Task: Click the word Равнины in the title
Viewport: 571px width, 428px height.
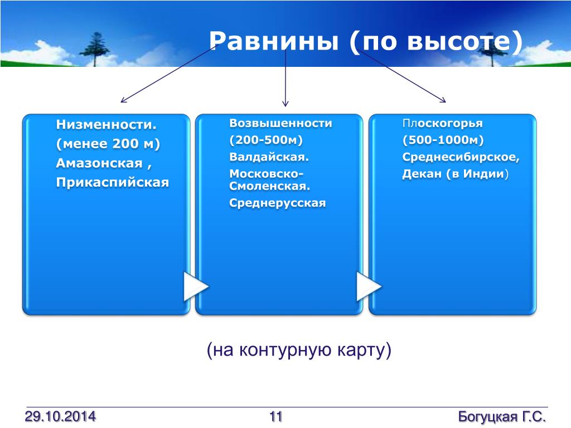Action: tap(274, 41)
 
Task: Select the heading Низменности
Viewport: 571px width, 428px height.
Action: tap(107, 124)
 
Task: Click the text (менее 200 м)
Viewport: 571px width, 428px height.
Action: tap(108, 144)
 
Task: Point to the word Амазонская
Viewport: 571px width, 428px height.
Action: tap(99, 163)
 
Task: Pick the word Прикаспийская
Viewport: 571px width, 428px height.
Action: tap(113, 182)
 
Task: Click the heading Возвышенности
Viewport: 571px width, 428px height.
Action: tap(281, 123)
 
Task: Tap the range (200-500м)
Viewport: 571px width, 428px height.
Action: tap(266, 140)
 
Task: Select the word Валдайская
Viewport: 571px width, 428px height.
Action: tap(269, 157)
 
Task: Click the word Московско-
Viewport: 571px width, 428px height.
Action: tap(266, 174)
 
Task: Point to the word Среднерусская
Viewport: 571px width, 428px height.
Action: tap(278, 203)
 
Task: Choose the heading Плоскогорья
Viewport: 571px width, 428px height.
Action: tap(442, 123)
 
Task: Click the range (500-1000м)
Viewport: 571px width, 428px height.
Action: tap(443, 140)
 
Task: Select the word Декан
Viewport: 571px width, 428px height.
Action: tap(422, 174)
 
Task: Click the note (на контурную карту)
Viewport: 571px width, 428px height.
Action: tap(299, 350)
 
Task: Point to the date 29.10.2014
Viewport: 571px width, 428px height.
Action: tap(60, 416)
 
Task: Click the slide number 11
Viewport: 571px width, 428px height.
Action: tap(275, 416)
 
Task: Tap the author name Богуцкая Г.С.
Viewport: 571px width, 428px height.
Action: tap(502, 416)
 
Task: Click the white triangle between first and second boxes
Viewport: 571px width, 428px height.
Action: tap(195, 286)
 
